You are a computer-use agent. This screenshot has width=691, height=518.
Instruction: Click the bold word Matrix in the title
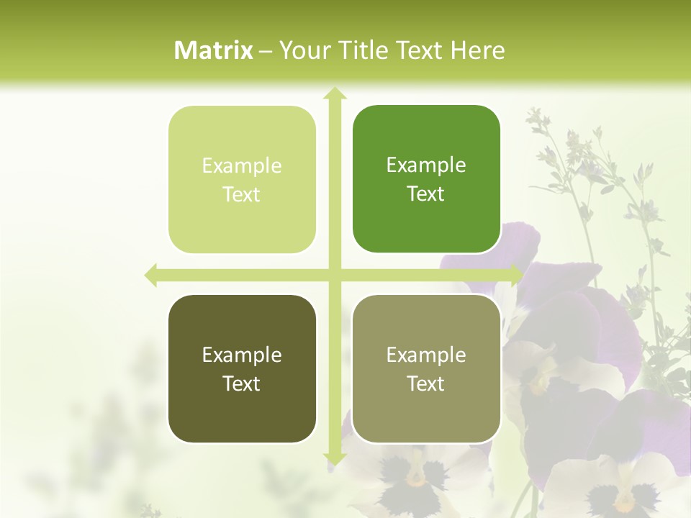click(214, 50)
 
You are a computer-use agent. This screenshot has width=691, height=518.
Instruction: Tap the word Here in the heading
click(477, 50)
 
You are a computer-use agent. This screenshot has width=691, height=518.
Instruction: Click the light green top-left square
click(242, 180)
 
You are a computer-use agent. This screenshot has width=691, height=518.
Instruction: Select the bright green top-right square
click(426, 179)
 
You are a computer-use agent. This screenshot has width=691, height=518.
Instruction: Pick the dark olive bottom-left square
click(242, 368)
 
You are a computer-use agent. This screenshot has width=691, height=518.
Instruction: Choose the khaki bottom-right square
click(426, 368)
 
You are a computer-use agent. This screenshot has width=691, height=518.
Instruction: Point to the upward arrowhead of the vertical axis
click(334, 94)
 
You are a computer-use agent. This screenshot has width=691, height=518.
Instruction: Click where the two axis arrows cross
click(334, 275)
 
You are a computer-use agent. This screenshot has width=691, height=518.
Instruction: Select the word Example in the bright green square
click(426, 165)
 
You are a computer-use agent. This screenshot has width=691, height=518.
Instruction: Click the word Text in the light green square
click(242, 195)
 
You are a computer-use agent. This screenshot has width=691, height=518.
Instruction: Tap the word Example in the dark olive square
click(242, 355)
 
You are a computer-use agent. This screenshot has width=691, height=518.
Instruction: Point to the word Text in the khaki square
click(426, 383)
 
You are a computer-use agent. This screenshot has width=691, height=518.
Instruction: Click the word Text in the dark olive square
click(242, 383)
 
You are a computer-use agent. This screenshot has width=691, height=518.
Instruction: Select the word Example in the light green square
click(242, 166)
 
